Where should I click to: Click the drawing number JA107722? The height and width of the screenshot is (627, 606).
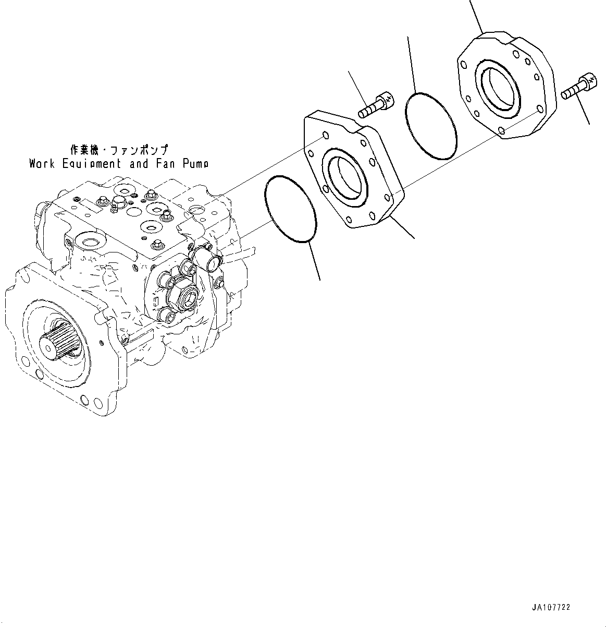click(x=551, y=608)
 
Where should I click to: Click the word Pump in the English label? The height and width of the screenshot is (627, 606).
click(x=195, y=164)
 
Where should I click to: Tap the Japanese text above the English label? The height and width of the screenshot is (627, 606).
click(x=119, y=150)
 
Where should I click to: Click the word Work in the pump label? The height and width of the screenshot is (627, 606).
click(x=42, y=164)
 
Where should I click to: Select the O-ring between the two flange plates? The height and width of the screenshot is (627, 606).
click(x=430, y=126)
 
